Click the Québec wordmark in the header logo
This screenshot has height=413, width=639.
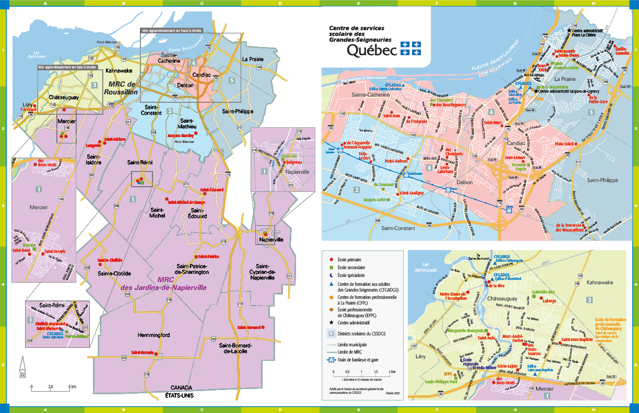coord(371,50)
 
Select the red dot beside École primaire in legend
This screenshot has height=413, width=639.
coord(330,259)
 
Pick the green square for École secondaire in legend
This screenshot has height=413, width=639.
coord(330,267)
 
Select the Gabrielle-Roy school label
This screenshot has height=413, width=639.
coord(543,293)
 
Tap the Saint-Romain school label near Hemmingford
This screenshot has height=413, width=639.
coord(143,353)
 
